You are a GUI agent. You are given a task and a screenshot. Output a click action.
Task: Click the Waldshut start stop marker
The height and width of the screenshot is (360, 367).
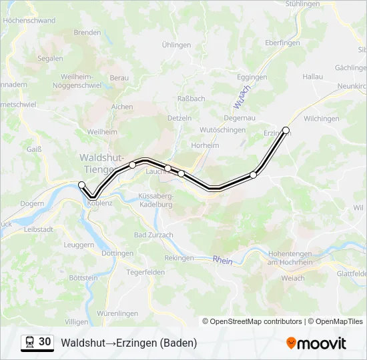82,185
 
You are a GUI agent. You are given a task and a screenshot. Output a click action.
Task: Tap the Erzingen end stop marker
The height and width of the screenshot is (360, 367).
286,130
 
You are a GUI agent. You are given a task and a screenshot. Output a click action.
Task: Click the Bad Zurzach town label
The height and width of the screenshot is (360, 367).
153,235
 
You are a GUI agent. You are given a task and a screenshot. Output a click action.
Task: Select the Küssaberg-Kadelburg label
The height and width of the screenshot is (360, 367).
155,200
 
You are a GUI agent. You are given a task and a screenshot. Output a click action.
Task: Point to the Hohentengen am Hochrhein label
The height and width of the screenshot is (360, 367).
290,257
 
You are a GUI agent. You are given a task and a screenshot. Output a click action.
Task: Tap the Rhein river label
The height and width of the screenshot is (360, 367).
222,260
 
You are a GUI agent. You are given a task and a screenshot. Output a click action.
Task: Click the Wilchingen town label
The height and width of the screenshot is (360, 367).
321,119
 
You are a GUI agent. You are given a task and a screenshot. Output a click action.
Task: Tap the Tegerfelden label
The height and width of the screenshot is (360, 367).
145,272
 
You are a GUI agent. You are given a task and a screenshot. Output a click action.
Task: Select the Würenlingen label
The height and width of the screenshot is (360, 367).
117,313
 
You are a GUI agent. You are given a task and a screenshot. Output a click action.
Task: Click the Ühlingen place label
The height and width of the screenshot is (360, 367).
177,45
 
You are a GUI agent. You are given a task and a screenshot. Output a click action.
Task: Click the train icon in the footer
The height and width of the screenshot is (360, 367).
30,343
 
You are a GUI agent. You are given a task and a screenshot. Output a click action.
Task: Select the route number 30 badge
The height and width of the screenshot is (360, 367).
45,342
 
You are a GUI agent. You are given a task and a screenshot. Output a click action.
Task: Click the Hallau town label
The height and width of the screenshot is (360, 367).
312,77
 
